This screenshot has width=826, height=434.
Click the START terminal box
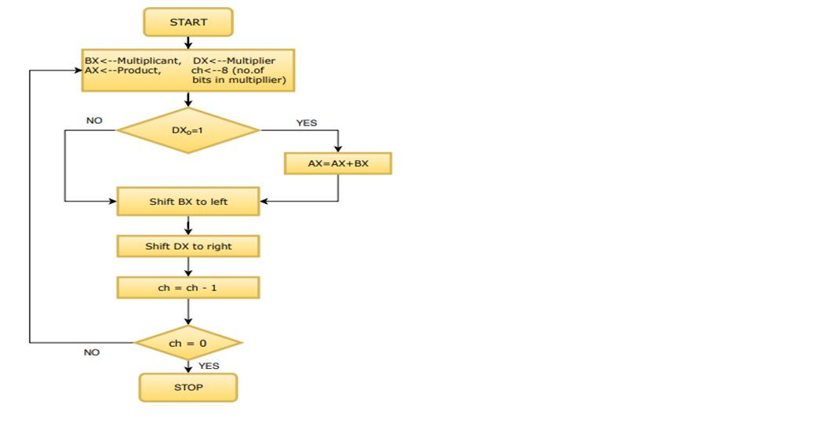(x=188, y=22)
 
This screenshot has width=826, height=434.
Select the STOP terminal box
(x=188, y=387)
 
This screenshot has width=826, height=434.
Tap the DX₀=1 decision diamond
(x=188, y=130)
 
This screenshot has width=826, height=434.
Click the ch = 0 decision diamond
(x=188, y=343)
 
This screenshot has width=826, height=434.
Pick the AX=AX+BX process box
(x=338, y=163)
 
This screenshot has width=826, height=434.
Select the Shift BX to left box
(x=188, y=202)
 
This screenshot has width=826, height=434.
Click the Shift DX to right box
(x=188, y=246)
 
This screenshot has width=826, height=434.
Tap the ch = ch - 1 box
(x=188, y=288)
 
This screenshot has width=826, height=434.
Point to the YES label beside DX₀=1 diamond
(x=307, y=122)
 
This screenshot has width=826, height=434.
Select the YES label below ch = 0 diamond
(x=209, y=366)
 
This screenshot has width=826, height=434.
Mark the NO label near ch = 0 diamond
(x=92, y=352)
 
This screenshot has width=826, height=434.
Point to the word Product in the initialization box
(x=139, y=71)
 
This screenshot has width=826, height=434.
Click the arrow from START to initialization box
(x=188, y=42)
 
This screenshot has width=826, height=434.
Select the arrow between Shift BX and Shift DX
(x=188, y=225)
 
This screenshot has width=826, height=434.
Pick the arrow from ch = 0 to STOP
(x=188, y=367)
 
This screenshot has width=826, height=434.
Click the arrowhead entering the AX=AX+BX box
(x=338, y=148)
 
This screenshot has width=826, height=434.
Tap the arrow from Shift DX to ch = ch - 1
(x=188, y=267)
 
